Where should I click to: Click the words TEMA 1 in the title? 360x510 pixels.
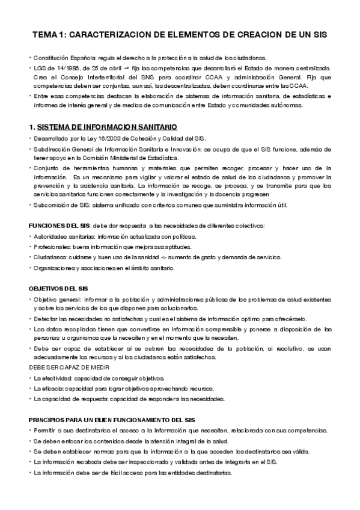pos(47,35)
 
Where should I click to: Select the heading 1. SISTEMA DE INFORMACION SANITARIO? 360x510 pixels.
pos(103,127)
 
